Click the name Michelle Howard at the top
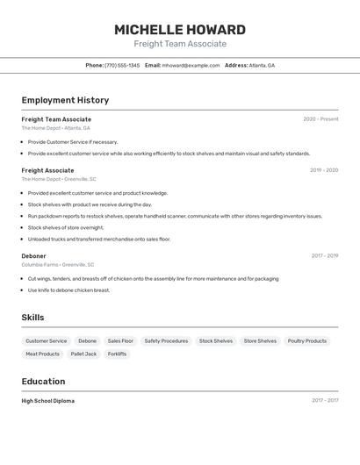180,30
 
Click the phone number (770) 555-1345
122,66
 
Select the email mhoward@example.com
191,66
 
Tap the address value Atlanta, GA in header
262,66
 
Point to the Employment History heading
65,100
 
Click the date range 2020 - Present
320,119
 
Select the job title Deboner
33,256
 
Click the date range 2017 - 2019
325,256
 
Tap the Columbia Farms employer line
57,265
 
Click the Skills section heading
32,318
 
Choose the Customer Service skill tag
46,341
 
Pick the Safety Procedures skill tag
166,341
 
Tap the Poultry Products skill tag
307,341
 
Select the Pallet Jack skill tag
83,354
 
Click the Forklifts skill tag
117,354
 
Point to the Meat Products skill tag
42,354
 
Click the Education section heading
43,382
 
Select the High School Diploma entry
48,401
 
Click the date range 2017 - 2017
325,401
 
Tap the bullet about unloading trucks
99,239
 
